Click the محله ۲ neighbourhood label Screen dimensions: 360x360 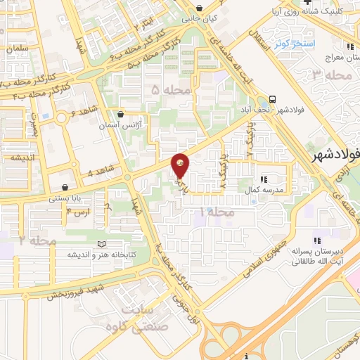[37, 240]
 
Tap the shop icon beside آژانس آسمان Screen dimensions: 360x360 [121, 113]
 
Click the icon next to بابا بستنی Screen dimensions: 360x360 [65, 188]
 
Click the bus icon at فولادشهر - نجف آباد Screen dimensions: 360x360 [272, 99]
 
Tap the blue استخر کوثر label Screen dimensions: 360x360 [291, 44]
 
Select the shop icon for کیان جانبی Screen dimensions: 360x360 [200, 8]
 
